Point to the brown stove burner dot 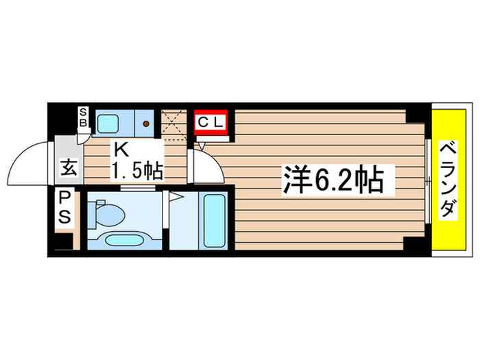click(x=146, y=123)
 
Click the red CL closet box click(x=212, y=123)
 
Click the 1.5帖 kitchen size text click(x=138, y=171)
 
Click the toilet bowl click(x=110, y=215)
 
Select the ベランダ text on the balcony click(x=448, y=180)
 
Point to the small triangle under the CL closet click(x=202, y=144)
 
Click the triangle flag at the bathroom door click(x=176, y=197)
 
